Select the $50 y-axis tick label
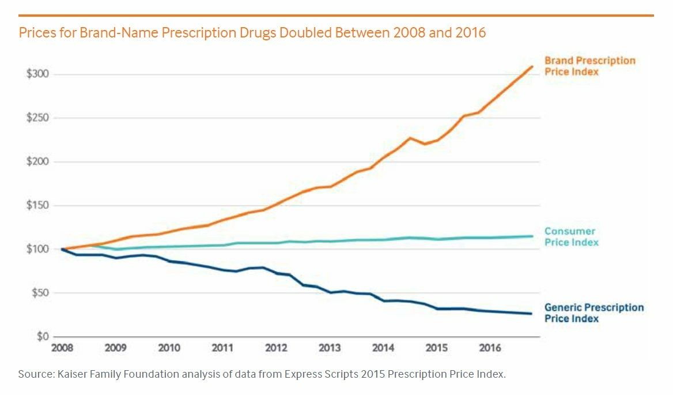(x=39, y=293)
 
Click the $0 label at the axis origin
(x=41, y=337)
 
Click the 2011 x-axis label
(x=222, y=348)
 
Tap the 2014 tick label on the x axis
(x=383, y=348)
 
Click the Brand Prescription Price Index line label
(x=590, y=66)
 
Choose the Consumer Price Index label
(x=571, y=237)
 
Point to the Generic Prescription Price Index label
(x=593, y=313)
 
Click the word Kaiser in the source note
(x=71, y=374)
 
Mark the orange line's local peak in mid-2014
(x=410, y=138)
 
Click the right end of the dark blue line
(x=531, y=314)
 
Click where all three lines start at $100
(x=62, y=249)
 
